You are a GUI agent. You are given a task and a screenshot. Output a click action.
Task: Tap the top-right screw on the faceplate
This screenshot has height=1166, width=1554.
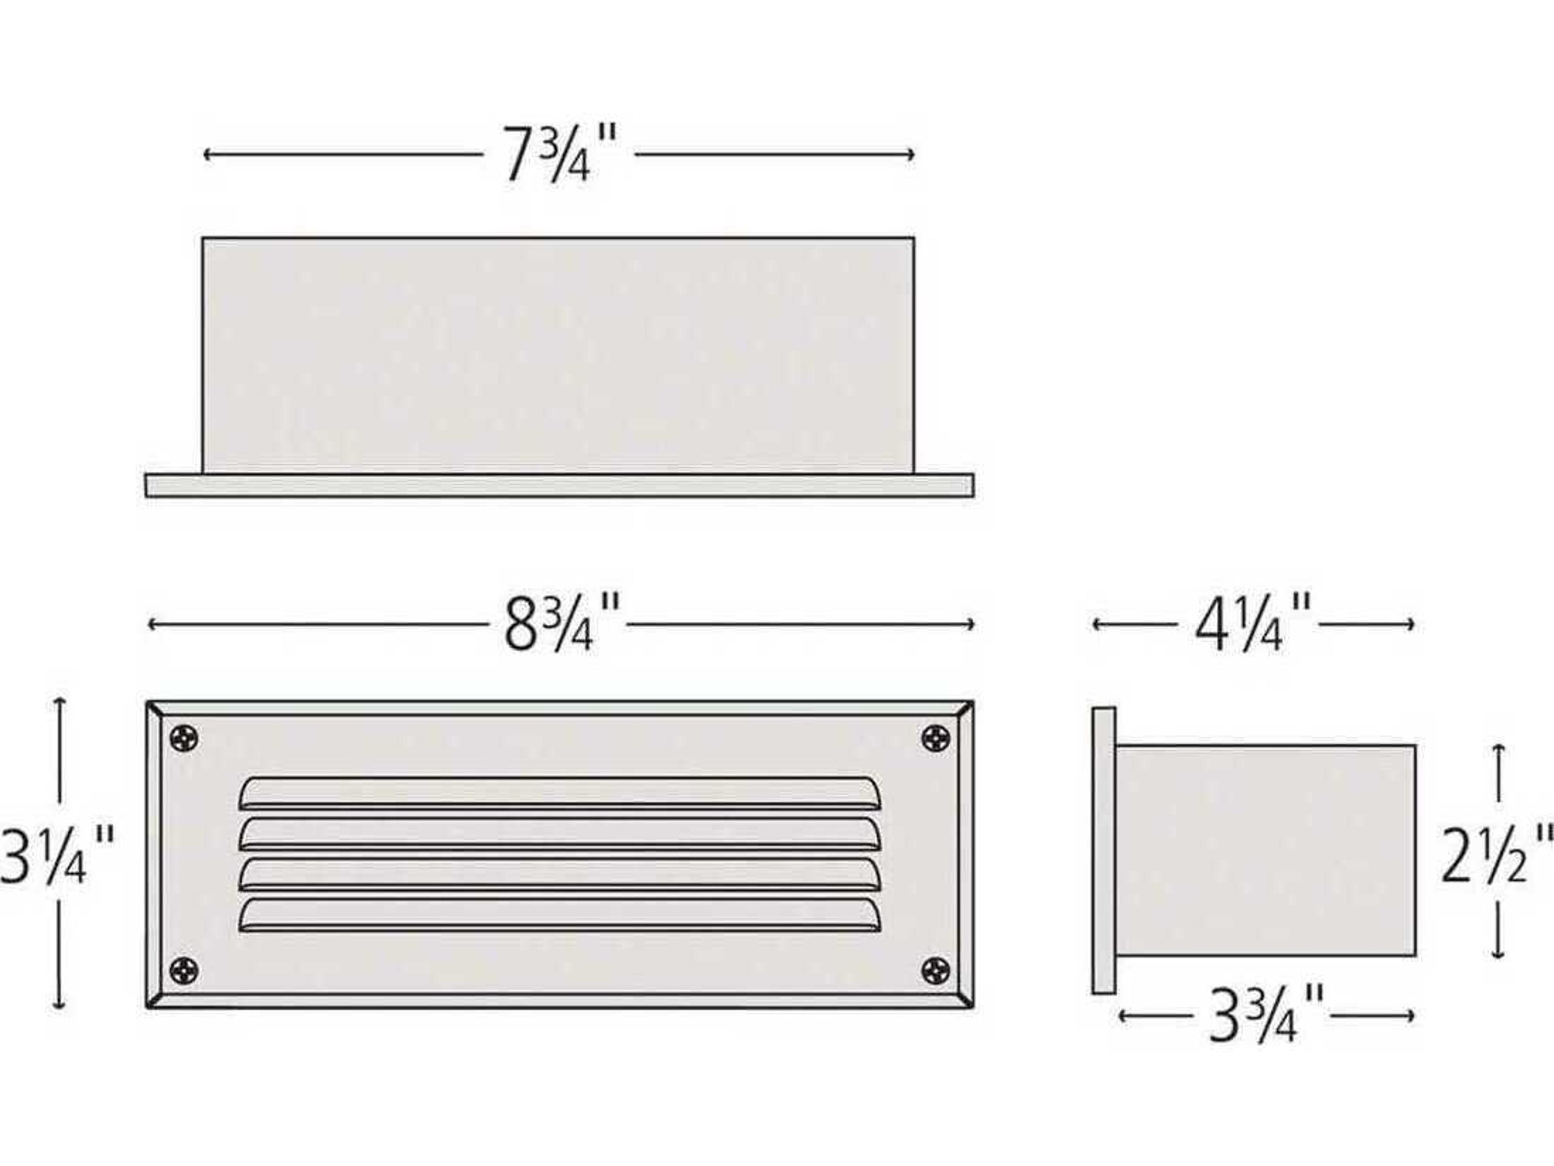(x=935, y=738)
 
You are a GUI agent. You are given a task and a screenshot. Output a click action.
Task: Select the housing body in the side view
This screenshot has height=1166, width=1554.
(x=1265, y=851)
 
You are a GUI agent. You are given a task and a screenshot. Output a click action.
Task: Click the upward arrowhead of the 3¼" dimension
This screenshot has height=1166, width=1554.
(x=60, y=702)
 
